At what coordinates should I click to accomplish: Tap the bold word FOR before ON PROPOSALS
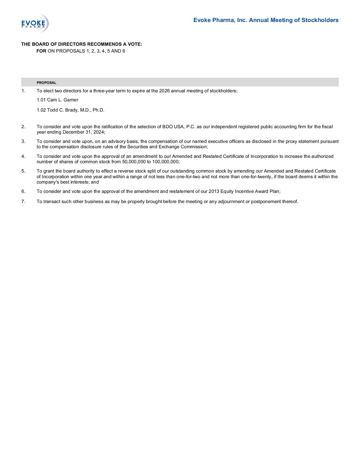click(41, 51)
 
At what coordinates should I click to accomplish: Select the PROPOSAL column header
click(46, 83)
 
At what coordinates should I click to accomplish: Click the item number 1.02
click(41, 110)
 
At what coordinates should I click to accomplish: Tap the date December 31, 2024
click(83, 132)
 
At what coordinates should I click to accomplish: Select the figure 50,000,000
click(134, 162)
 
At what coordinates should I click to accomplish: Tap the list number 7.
click(23, 201)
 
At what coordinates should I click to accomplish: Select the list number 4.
click(23, 156)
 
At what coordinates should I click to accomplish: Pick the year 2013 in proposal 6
click(214, 191)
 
